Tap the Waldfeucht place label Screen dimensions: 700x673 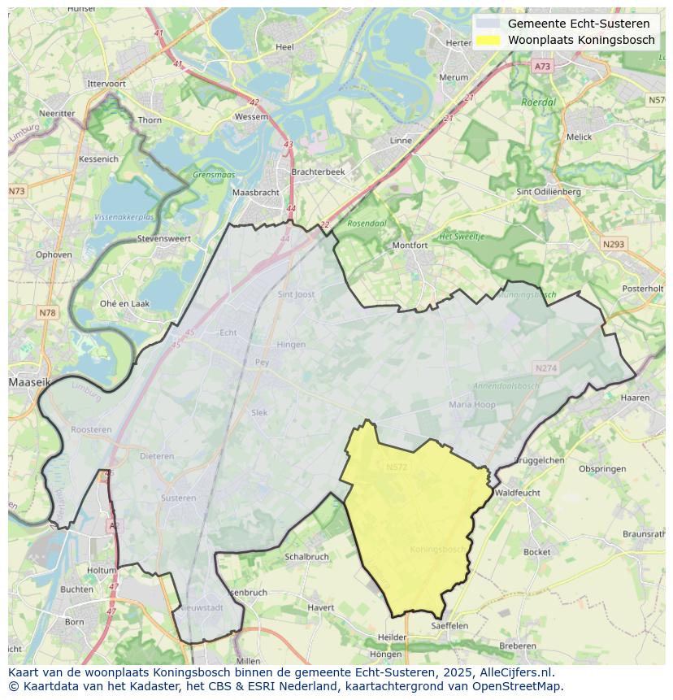(x=517, y=493)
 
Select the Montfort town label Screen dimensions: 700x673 (x=410, y=245)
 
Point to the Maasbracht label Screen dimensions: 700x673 (x=255, y=193)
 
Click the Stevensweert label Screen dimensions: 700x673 (x=163, y=239)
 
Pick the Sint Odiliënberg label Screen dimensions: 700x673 (x=549, y=192)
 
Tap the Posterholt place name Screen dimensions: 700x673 (x=642, y=289)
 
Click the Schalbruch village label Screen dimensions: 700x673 (x=306, y=557)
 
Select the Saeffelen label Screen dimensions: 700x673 (x=449, y=625)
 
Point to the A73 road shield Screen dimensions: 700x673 (x=542, y=67)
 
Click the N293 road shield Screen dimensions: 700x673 (x=613, y=244)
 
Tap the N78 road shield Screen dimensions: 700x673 (x=47, y=313)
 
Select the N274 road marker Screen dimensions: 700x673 (x=545, y=368)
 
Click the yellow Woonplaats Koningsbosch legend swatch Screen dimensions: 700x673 (x=488, y=40)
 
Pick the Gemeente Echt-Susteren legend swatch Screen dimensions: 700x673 (x=488, y=24)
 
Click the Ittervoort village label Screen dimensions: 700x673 (x=106, y=84)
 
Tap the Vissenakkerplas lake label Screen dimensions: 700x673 (x=124, y=218)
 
